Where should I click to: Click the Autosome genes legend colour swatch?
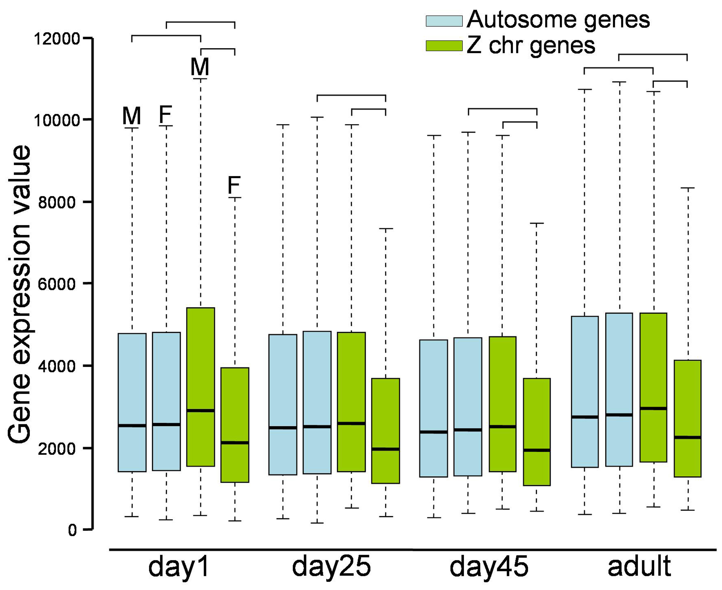(x=444, y=21)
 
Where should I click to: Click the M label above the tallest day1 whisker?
(x=200, y=67)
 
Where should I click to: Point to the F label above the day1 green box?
(x=234, y=185)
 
